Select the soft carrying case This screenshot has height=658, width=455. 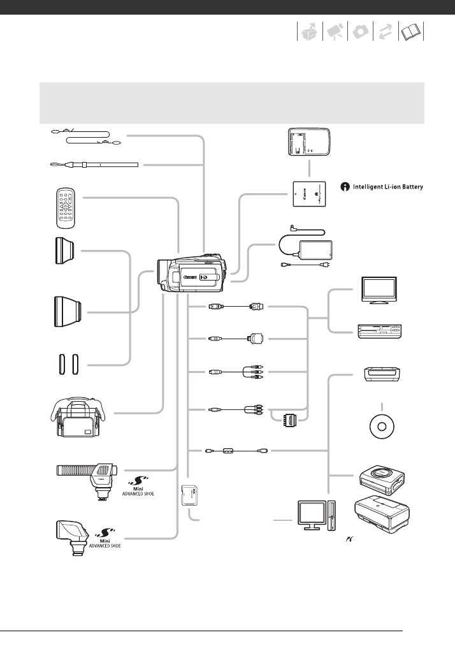[81, 418]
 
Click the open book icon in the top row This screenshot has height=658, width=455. [412, 33]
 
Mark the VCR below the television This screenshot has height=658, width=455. [379, 330]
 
